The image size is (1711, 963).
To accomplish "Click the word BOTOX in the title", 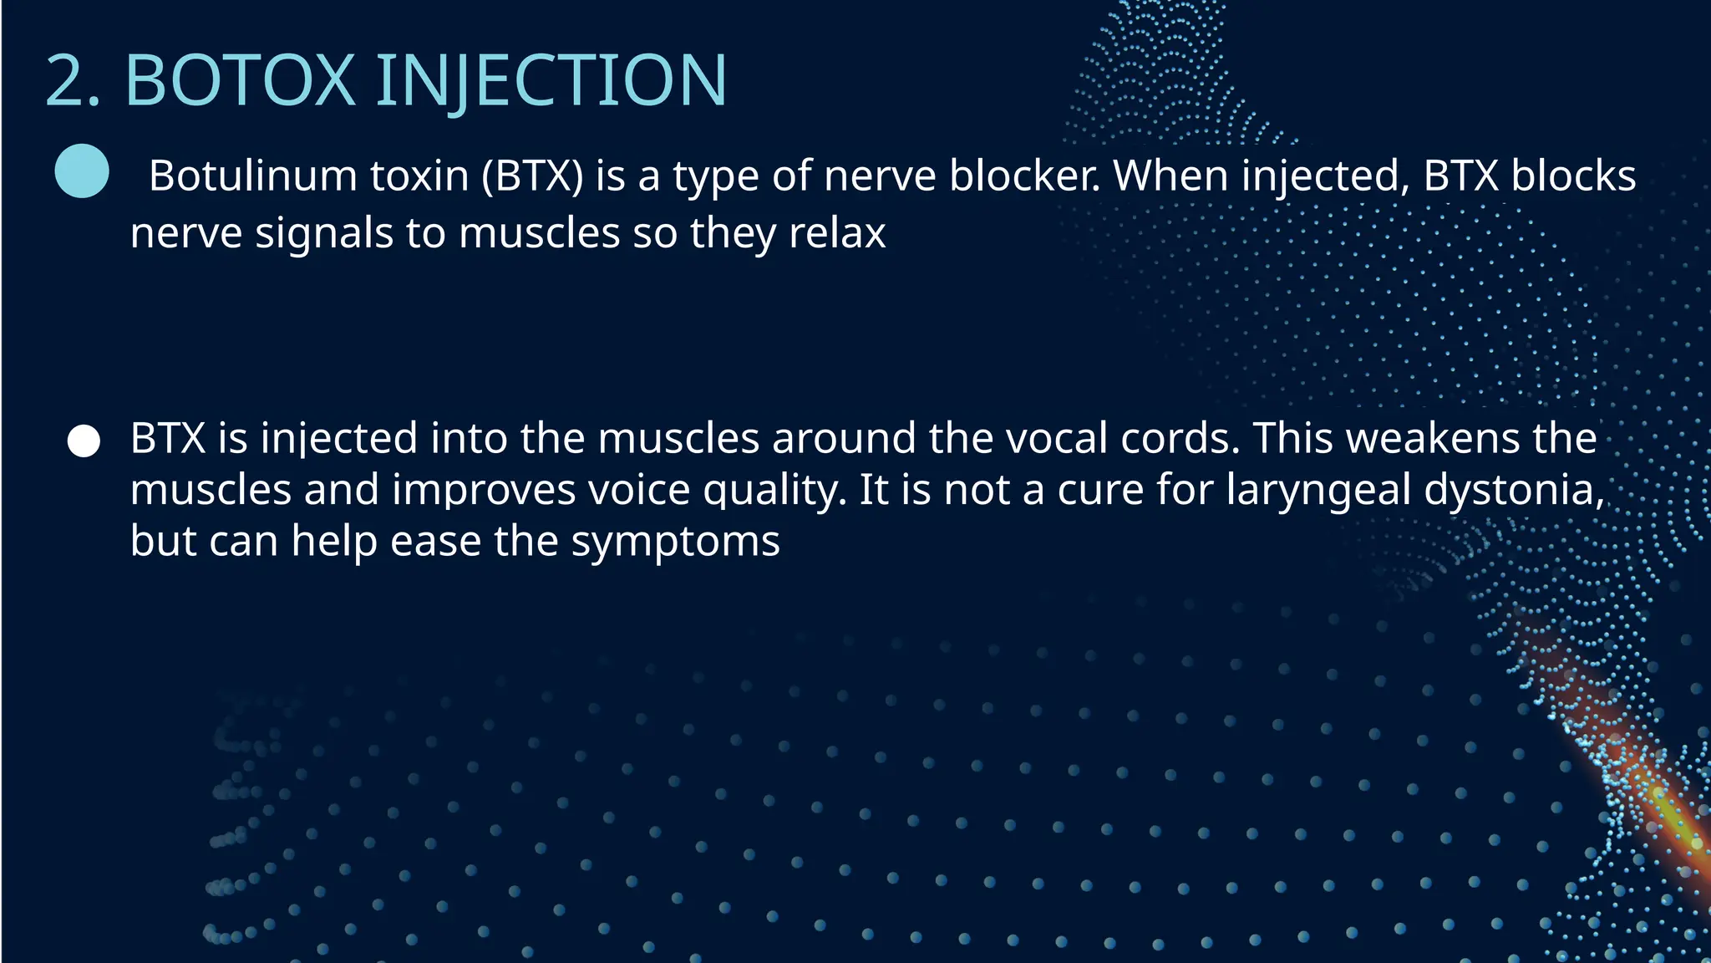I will pos(241,81).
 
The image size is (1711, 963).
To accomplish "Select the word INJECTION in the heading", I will pos(551,81).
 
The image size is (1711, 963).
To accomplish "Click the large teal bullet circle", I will pos(82,171).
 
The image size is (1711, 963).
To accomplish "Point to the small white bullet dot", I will pos(84,441).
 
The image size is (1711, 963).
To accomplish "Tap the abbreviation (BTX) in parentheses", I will pos(532,176).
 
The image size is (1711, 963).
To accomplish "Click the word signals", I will pos(324,233).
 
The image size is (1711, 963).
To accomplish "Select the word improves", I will pos(484,490).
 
